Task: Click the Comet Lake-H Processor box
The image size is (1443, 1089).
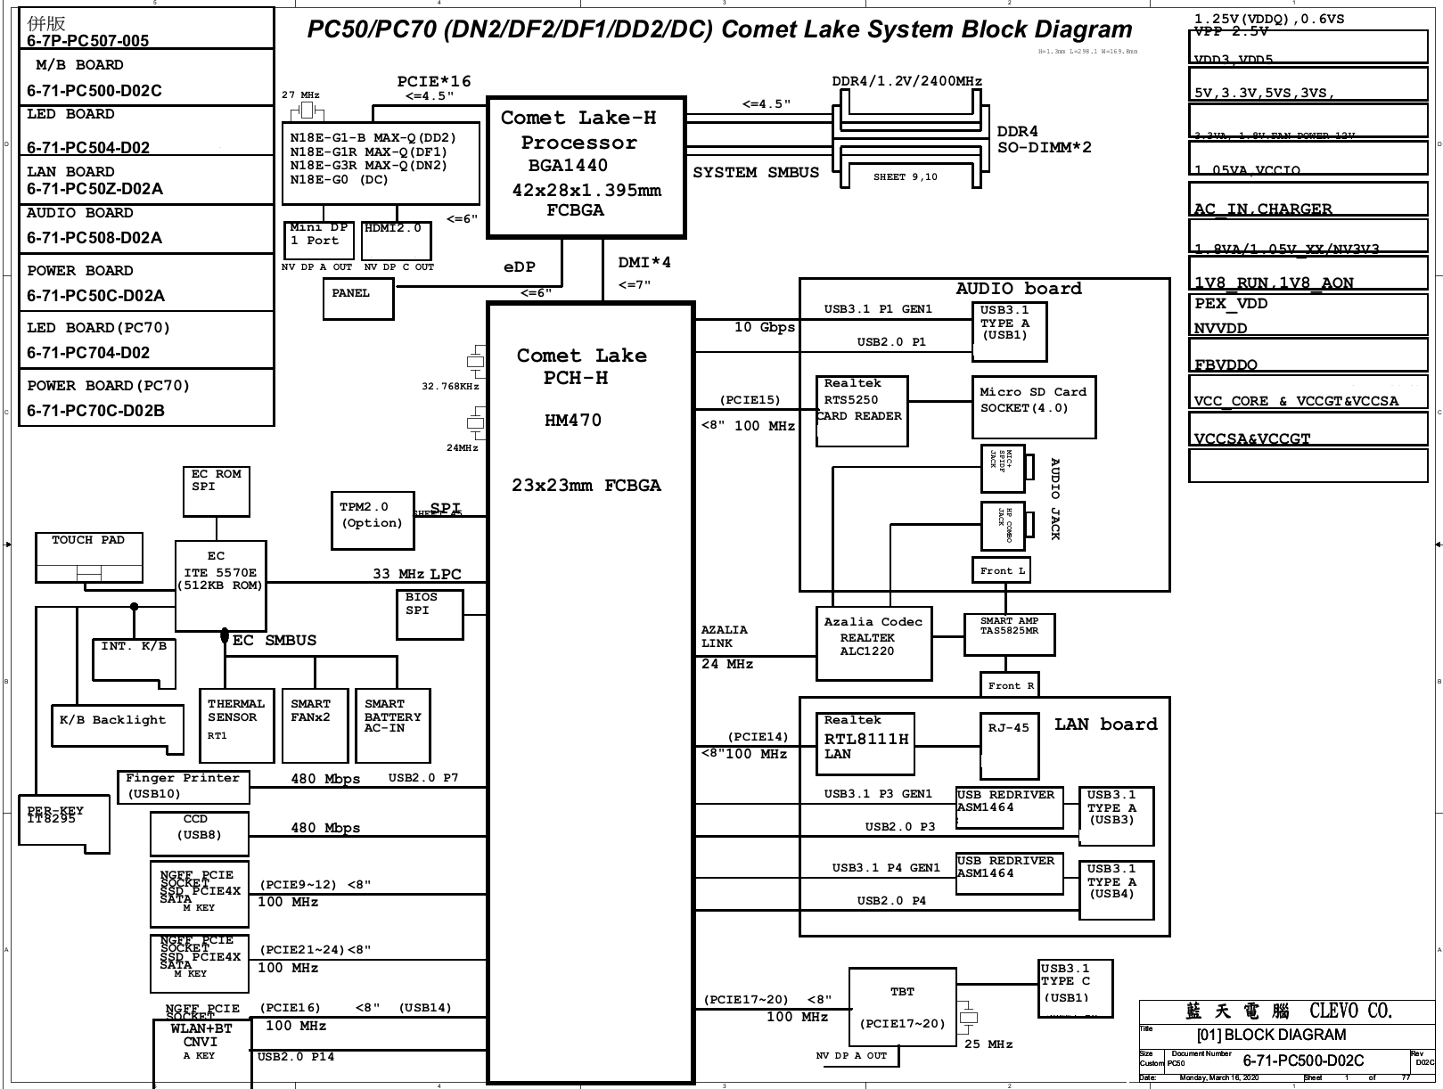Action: [586, 167]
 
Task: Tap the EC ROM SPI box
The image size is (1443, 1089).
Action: [216, 491]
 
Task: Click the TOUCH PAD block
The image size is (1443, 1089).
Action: [89, 557]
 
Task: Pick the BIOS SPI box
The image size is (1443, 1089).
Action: [429, 614]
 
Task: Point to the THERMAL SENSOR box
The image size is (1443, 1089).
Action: [236, 725]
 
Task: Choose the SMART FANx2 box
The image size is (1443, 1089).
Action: [314, 725]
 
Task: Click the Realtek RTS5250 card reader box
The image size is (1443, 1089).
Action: [861, 411]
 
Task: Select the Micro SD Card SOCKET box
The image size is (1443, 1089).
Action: [1033, 406]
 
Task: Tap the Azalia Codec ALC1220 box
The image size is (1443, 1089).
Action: [873, 643]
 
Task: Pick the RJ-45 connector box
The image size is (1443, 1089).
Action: [1009, 746]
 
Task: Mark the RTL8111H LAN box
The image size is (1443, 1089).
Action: [865, 743]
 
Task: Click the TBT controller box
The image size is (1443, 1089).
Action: [902, 1007]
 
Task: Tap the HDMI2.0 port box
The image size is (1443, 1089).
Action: [397, 241]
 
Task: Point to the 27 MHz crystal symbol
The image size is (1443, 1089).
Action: [307, 111]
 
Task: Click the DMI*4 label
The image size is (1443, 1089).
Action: [644, 263]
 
